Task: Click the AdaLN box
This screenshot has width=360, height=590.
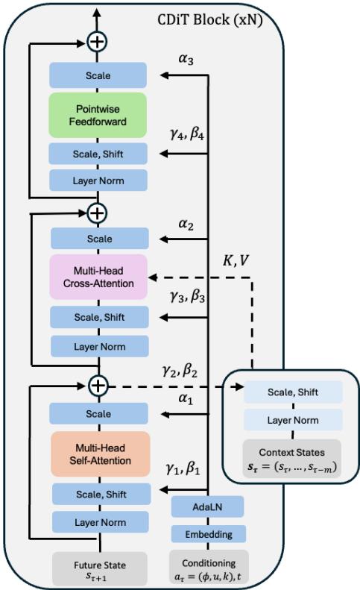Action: pyautogui.click(x=208, y=506)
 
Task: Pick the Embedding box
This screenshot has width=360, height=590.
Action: pyautogui.click(x=208, y=534)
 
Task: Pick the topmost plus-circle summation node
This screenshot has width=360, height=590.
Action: pyautogui.click(x=98, y=41)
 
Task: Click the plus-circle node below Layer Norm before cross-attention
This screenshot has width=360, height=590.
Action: pyautogui.click(x=98, y=386)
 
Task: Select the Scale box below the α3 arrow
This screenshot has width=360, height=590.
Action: pyautogui.click(x=98, y=75)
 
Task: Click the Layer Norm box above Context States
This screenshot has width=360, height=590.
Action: pyautogui.click(x=293, y=420)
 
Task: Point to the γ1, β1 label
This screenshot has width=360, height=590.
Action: pyautogui.click(x=186, y=470)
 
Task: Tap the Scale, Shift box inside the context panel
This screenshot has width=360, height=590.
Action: pyautogui.click(x=293, y=392)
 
